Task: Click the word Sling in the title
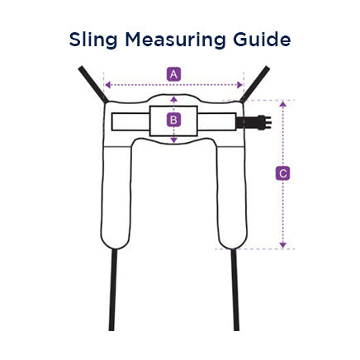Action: click(93, 40)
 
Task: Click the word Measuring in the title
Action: click(175, 40)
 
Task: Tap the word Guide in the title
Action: click(262, 40)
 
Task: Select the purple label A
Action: click(173, 74)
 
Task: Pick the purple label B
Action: click(173, 121)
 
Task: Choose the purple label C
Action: click(282, 173)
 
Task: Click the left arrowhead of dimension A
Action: click(108, 85)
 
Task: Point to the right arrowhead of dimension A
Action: click(239, 85)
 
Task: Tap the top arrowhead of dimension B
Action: click(173, 99)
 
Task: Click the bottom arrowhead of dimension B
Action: click(173, 140)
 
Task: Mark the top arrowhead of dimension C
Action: click(283, 104)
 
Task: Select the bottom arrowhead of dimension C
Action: click(283, 244)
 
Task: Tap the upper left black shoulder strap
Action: click(93, 84)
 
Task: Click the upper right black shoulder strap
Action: click(254, 83)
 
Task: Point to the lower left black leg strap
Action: click(112, 289)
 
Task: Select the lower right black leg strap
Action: click(234, 289)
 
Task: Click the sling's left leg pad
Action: click(116, 197)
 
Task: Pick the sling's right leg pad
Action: click(231, 197)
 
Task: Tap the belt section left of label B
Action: click(130, 121)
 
